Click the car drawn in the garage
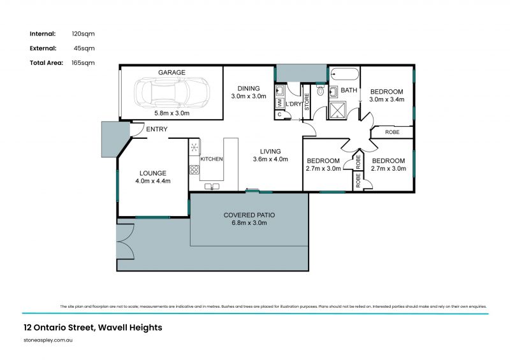pos(172,93)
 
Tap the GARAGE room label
pos(172,73)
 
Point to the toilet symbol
pos(321,91)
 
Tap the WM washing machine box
pos(279,102)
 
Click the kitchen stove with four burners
pos(194,170)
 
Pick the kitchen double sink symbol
pos(212,186)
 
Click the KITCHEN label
pos(212,159)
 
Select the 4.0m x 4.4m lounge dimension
pos(152,182)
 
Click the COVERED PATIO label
pos(249,215)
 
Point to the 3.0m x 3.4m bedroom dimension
pos(387,99)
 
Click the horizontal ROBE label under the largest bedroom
pos(393,133)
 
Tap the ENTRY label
pos(157,130)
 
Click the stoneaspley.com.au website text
pos(47,342)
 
